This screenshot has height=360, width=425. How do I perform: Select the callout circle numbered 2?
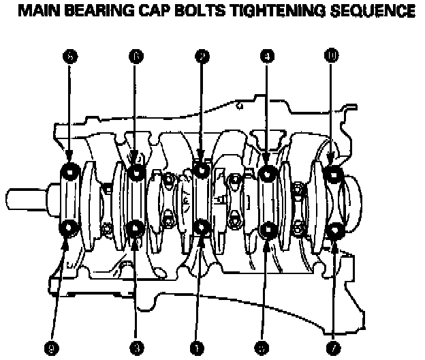(x=201, y=58)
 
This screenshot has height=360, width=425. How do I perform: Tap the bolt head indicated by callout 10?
(x=333, y=175)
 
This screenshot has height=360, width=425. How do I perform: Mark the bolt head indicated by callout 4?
(x=267, y=174)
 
